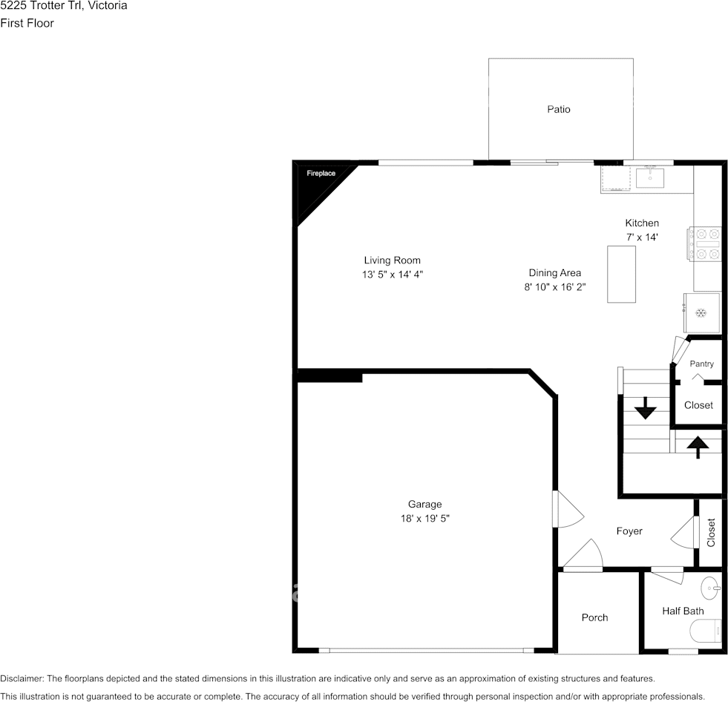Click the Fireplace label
(x=321, y=173)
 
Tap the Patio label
(x=559, y=109)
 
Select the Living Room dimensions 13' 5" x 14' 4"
(x=393, y=275)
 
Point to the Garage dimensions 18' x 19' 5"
(x=424, y=518)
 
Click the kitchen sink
(x=650, y=178)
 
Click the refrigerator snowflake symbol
(x=701, y=313)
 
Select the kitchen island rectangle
(x=621, y=274)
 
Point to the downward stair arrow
(x=645, y=408)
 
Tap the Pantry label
(x=701, y=364)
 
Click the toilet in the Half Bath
(x=705, y=632)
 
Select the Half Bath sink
(x=710, y=588)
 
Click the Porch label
(x=594, y=617)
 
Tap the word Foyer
(x=629, y=531)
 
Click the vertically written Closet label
(x=711, y=533)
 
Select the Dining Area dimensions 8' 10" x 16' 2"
(x=555, y=287)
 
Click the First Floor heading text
(x=27, y=23)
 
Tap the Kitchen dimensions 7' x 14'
(x=642, y=237)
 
